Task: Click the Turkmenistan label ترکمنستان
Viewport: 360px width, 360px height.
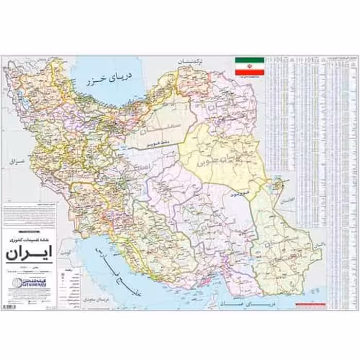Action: (191, 60)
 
